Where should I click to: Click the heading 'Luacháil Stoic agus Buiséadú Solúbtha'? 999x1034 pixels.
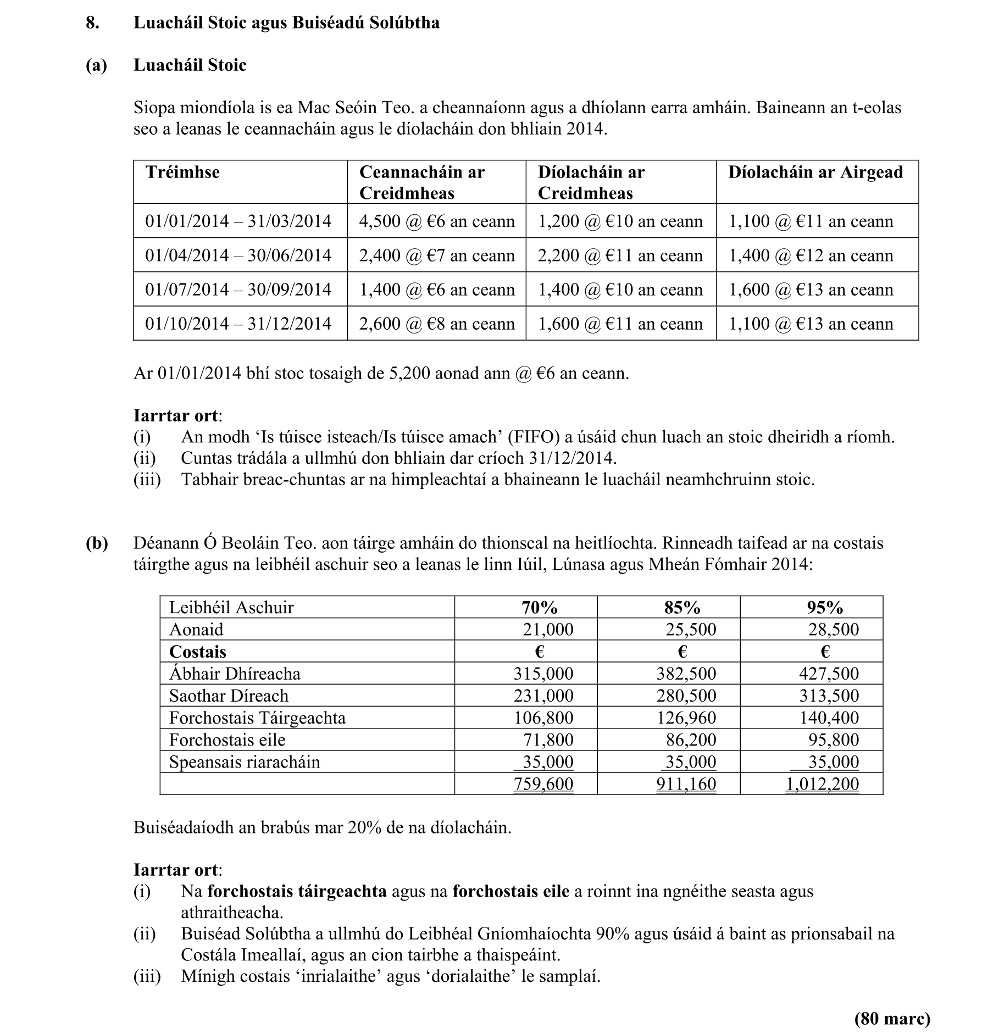coord(286,23)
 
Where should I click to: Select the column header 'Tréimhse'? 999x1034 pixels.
coord(182,172)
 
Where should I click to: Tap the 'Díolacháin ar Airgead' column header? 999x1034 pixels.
coord(815,172)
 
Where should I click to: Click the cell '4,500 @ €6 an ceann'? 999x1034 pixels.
coord(437,221)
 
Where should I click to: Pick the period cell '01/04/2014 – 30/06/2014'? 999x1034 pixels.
coord(238,255)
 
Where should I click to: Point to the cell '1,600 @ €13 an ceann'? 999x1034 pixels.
coord(811,290)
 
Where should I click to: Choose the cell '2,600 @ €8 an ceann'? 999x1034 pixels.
coord(437,324)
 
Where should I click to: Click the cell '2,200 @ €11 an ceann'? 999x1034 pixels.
coord(620,255)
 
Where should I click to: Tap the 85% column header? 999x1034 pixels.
coord(682,607)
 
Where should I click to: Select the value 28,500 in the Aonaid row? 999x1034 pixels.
coord(833,630)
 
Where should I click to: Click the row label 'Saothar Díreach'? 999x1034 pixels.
coord(229,696)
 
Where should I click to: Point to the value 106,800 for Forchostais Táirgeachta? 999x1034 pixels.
coord(543,718)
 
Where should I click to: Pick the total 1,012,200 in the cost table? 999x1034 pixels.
coord(822,784)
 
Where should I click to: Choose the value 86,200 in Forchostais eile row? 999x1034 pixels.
coord(691,740)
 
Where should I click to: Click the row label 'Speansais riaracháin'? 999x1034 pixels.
coord(245,762)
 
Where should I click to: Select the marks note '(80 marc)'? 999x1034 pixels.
coord(892,1019)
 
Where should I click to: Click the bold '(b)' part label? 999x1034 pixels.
coord(97,543)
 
